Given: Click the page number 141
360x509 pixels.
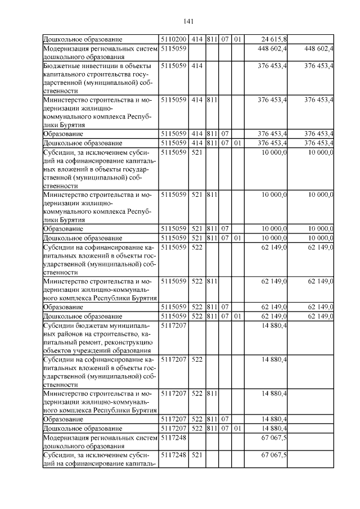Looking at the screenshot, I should pyautogui.click(x=188, y=21).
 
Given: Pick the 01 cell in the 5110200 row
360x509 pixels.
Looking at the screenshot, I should pyautogui.click(x=237, y=39).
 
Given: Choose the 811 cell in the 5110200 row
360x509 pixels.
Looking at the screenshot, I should pyautogui.click(x=212, y=39).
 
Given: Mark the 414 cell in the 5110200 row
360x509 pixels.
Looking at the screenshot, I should pyautogui.click(x=196, y=39).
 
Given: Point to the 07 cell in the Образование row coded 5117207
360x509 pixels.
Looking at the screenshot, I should pyautogui.click(x=224, y=419).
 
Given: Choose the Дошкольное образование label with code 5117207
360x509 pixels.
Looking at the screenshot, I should pyautogui.click(x=83, y=428).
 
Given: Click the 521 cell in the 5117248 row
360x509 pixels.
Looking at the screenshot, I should pyautogui.click(x=196, y=455).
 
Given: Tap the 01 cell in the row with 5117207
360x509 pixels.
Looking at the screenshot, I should pyautogui.click(x=237, y=428).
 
